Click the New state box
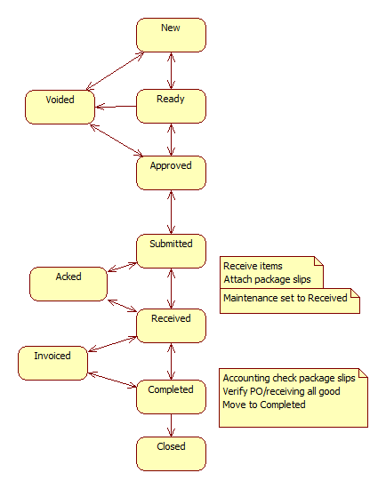pyautogui.click(x=171, y=35)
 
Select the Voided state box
pyautogui.click(x=60, y=107)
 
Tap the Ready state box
pyautogui.click(x=171, y=106)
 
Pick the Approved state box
pyautogui.click(x=171, y=172)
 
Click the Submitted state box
pyautogui.click(x=171, y=251)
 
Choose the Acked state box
pyautogui.click(x=68, y=284)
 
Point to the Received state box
pyautogui.click(x=171, y=326)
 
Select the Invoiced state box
pyautogui.click(x=52, y=363)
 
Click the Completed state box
pyautogui.click(x=171, y=397)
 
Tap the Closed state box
pyautogui.click(x=171, y=453)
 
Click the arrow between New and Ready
pyautogui.click(x=171, y=71)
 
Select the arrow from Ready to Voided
pyautogui.click(x=116, y=107)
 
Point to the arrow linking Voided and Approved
pyautogui.click(x=117, y=140)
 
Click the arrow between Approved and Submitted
pyautogui.click(x=171, y=212)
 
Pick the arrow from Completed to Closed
pyautogui.click(x=171, y=425)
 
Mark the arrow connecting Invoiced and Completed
pyautogui.click(x=112, y=380)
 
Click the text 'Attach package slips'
pyautogui.click(x=267, y=279)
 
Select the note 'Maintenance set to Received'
pyautogui.click(x=290, y=301)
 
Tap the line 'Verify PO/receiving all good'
pyautogui.click(x=281, y=391)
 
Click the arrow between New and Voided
pyautogui.click(x=115, y=71)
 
